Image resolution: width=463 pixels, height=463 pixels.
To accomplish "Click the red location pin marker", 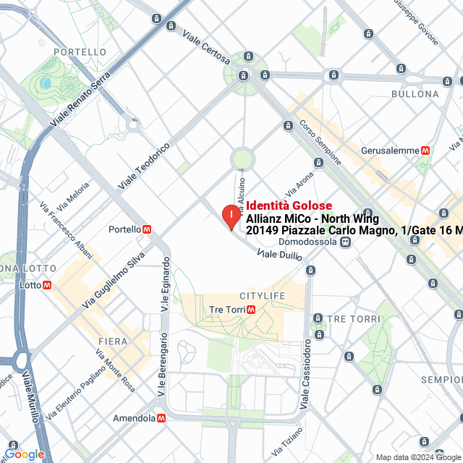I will point(230,216).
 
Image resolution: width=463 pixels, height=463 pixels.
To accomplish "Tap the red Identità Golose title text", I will point(289,206).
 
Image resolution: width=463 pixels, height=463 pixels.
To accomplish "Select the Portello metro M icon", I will point(148,229).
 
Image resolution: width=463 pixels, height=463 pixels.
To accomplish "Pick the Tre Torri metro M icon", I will point(251,310).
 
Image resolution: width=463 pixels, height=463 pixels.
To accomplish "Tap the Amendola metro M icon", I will point(161,418).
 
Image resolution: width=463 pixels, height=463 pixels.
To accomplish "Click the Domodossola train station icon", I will point(347,242).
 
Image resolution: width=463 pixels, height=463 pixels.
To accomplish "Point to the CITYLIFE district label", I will point(262,296).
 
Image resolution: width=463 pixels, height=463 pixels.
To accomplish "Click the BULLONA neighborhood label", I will point(415,94).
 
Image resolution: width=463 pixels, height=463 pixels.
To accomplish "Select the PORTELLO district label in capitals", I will point(80,52).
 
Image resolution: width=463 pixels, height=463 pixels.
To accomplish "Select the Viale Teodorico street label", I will point(144,166).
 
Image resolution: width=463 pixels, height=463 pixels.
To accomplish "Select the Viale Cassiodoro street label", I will point(306,372).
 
